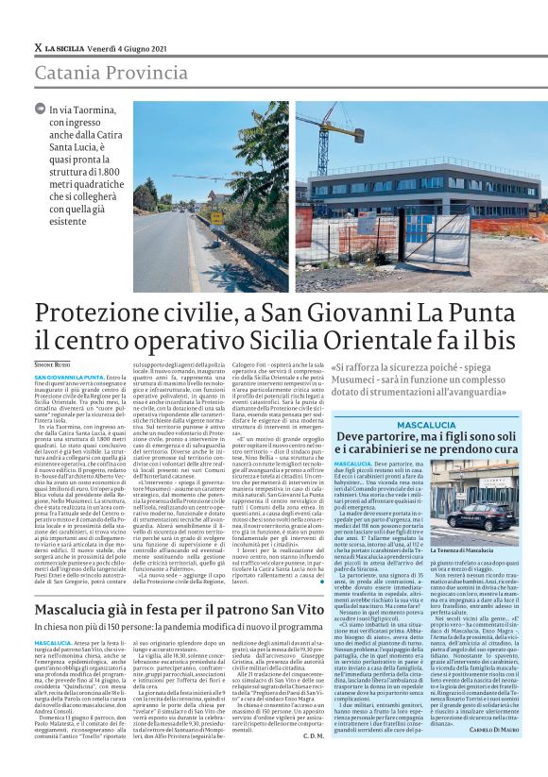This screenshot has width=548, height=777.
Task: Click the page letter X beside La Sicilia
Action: coord(38,47)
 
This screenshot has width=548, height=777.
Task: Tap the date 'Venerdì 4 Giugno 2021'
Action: coord(126,47)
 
